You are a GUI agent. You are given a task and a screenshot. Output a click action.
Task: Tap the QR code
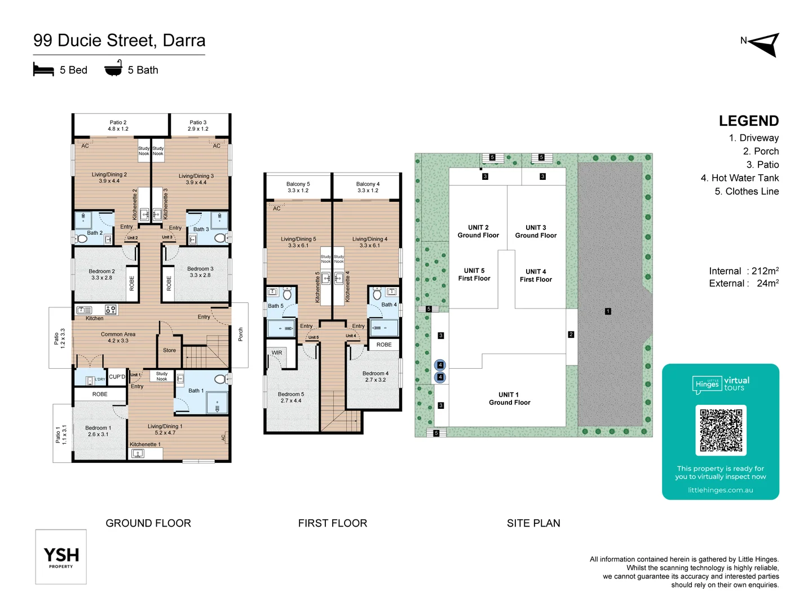point(721,430)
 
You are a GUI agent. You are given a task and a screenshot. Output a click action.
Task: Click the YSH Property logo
point(61,557)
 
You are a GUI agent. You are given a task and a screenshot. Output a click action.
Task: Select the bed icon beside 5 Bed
point(43,70)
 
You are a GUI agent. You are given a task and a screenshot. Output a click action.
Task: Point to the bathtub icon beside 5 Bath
point(113,69)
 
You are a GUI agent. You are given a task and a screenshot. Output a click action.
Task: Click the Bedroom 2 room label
point(101,275)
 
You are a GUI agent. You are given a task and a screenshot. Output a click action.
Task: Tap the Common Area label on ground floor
point(118,337)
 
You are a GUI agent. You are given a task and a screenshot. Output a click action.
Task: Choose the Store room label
point(169,350)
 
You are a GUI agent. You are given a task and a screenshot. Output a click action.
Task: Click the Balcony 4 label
point(368,187)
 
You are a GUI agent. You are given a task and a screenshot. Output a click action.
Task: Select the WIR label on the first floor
point(277,353)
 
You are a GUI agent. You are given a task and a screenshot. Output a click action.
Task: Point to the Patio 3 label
point(198,125)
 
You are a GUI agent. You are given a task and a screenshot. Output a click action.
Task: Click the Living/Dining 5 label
point(298,242)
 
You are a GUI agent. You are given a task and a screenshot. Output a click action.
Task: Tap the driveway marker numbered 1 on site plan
point(608,311)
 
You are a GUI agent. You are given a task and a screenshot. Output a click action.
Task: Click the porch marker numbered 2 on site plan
point(571,334)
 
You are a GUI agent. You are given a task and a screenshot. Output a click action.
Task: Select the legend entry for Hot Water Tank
point(739,178)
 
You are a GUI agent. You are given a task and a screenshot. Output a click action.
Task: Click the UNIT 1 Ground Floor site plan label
point(509,399)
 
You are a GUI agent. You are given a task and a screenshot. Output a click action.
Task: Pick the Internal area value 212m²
point(765,271)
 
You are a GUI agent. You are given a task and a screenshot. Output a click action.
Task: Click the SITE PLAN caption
point(533,523)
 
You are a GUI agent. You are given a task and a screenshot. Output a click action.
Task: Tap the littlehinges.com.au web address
point(720,490)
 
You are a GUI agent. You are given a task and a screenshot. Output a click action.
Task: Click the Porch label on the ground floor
point(240,334)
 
